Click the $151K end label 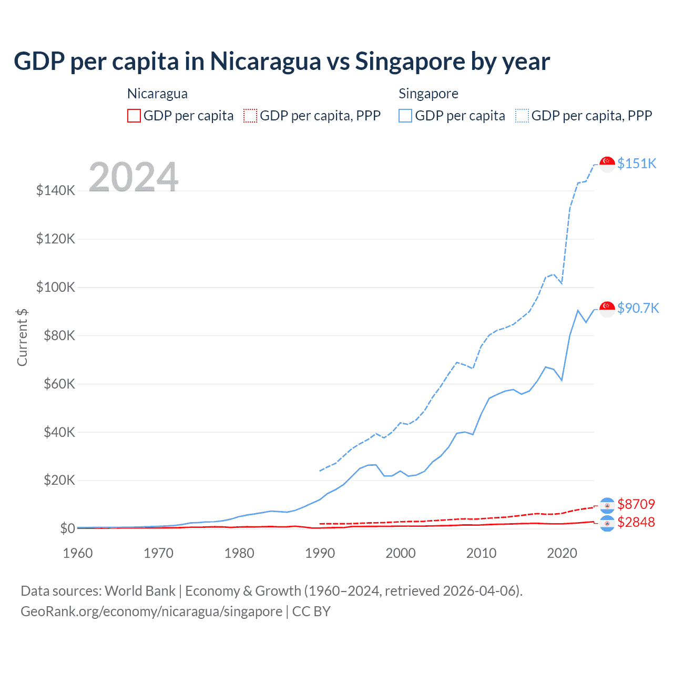[637, 164]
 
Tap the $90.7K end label [638, 308]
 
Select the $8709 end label [636, 504]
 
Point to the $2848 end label [636, 522]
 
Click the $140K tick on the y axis [56, 190]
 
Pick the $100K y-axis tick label [56, 287]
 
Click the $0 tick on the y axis [67, 528]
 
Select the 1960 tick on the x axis [78, 553]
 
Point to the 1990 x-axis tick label [320, 553]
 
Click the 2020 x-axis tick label [562, 553]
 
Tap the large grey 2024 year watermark [134, 177]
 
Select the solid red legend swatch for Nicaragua [134, 116]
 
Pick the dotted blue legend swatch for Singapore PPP [522, 116]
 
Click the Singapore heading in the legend [429, 94]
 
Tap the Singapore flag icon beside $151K [607, 164]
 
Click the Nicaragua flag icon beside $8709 [607, 505]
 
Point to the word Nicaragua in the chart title [266, 62]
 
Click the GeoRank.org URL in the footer [151, 611]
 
